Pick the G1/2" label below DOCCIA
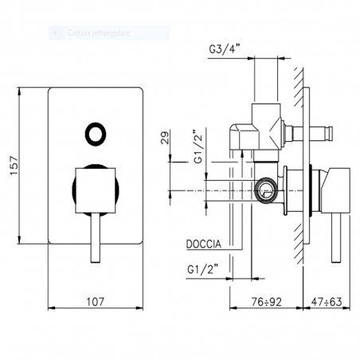pos(204,267)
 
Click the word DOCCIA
pos(205,245)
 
